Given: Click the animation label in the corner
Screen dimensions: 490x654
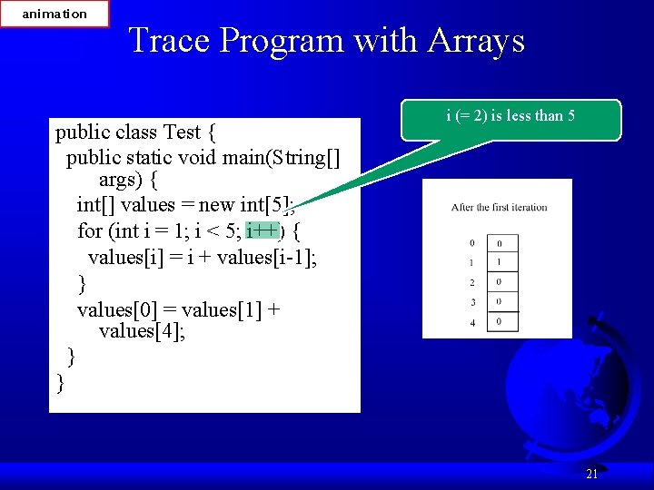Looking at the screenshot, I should [54, 14].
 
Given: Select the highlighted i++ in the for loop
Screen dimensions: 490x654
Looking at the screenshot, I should [263, 230].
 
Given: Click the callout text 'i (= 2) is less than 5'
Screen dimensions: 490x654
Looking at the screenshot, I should [510, 116].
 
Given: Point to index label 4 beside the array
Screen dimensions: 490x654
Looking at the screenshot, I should [471, 323].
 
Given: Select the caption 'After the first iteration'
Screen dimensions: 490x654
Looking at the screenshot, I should [499, 208].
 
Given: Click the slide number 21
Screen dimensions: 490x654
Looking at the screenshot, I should [591, 474].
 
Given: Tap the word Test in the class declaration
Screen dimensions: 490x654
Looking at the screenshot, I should [182, 132].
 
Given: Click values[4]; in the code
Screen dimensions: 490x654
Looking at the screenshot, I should [142, 331].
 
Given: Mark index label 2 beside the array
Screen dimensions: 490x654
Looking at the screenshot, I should [471, 283].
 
